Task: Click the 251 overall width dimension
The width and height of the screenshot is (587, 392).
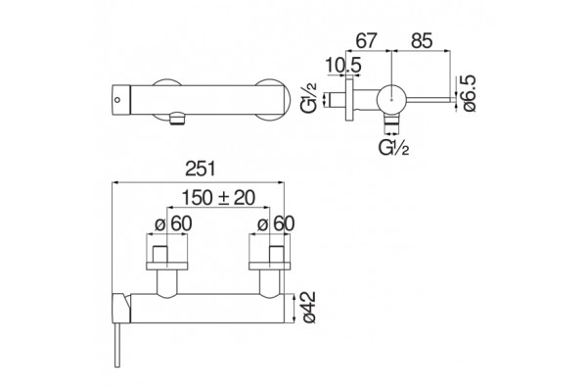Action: (201, 169)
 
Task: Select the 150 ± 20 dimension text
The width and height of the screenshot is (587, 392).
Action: (218, 198)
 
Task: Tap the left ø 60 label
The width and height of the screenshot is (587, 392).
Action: (173, 224)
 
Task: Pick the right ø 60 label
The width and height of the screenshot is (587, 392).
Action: (276, 224)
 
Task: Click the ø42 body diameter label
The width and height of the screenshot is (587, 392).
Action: (309, 307)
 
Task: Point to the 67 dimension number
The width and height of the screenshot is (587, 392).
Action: (366, 40)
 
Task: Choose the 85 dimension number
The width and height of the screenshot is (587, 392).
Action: (422, 40)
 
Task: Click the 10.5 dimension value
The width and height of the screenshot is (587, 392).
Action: (343, 66)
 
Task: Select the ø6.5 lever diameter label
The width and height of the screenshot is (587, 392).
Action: (469, 93)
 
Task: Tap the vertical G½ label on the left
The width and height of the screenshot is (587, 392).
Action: (309, 97)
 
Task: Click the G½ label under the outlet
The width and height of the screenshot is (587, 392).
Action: (394, 148)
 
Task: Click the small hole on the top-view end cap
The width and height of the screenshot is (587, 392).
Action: (117, 100)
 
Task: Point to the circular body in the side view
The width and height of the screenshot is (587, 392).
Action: (390, 99)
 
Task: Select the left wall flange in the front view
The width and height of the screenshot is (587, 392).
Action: (166, 266)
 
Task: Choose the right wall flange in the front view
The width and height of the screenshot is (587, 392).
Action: (270, 266)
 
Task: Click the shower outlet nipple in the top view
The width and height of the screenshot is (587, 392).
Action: (177, 120)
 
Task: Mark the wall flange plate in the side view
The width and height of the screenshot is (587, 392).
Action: (349, 98)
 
